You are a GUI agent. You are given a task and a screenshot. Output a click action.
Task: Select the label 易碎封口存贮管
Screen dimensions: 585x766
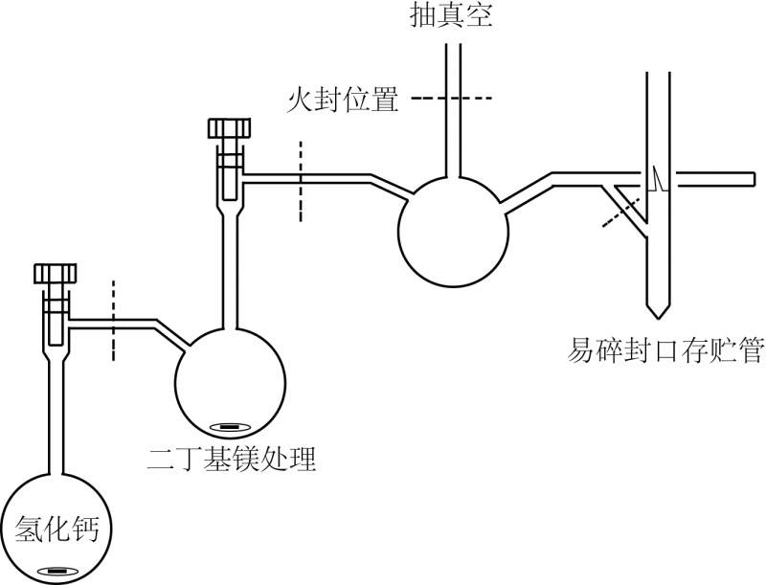664,351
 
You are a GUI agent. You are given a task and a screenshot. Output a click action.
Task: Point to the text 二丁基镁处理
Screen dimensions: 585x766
231,460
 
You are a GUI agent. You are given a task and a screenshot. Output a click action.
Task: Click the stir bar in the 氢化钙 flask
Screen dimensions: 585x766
57,571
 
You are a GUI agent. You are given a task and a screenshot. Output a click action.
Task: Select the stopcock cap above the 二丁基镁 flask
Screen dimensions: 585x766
230,128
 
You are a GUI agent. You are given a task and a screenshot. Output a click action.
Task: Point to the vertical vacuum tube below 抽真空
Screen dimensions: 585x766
452,115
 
